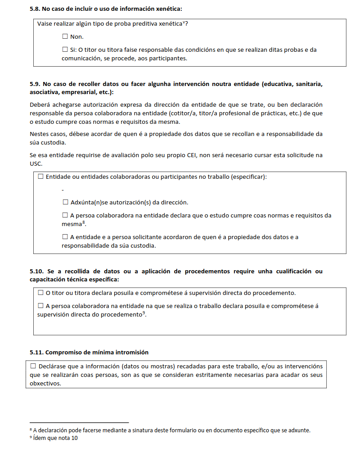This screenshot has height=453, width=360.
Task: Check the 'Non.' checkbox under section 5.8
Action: pos(65,36)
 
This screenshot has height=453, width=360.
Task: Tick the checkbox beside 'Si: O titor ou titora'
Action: pos(65,50)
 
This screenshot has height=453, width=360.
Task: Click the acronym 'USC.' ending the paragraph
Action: pos(36,164)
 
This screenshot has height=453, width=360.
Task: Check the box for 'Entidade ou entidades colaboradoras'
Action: pos(41,177)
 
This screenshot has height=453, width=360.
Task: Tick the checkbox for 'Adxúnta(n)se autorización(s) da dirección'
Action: pos(65,202)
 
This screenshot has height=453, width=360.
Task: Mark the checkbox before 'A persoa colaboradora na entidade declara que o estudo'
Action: pos(65,215)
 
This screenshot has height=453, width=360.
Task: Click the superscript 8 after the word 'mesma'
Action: pos(84,222)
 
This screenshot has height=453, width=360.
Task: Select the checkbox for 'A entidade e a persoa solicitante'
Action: pos(65,237)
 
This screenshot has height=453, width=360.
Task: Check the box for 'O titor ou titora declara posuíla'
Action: pos(41,293)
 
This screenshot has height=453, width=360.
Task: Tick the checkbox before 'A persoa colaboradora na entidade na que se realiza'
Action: pos(41,306)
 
